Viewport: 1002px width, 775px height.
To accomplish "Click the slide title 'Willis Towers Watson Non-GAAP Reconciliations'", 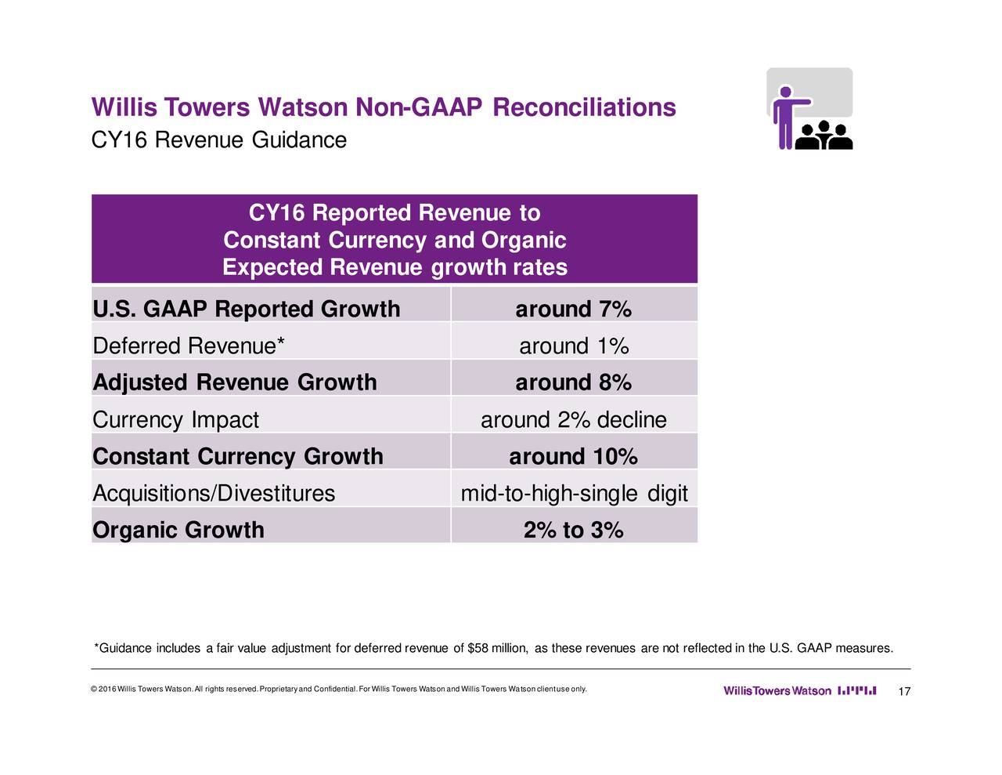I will (384, 107).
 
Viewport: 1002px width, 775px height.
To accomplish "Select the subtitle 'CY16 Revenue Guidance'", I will (219, 140).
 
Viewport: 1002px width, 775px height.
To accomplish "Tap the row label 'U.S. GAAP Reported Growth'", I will (246, 309).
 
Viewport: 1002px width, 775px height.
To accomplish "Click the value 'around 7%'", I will (573, 310).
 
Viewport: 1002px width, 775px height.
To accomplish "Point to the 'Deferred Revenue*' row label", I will (184, 346).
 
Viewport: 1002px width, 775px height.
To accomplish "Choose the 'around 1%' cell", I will (573, 346).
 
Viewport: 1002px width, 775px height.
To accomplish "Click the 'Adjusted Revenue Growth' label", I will (234, 382).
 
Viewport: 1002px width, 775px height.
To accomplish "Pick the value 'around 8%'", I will (573, 382).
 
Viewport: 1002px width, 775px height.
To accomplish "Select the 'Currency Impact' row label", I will (175, 420).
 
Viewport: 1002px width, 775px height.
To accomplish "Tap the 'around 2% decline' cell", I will (573, 420).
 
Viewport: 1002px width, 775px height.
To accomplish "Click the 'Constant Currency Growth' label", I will (237, 456).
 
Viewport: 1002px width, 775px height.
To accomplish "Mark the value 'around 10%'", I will (573, 456).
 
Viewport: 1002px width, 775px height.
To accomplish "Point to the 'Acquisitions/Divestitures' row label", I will (214, 493).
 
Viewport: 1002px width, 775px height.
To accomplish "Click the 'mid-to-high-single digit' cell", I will (573, 493).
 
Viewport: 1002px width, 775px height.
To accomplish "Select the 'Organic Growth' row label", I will (178, 530).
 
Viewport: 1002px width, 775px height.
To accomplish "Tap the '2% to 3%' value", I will (573, 531).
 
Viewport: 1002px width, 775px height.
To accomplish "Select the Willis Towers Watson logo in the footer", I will (798, 691).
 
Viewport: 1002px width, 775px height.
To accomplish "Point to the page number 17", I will (904, 691).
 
